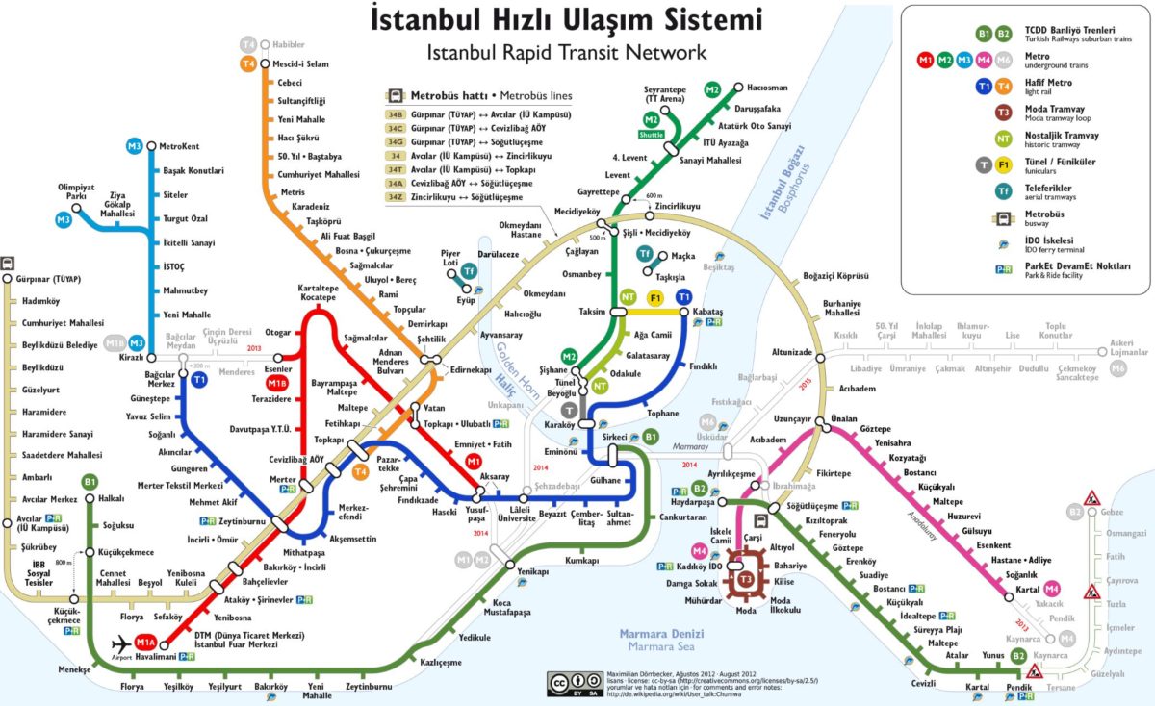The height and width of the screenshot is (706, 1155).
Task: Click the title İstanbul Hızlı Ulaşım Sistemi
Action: click(566, 20)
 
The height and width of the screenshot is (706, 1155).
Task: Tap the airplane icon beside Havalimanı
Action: click(122, 643)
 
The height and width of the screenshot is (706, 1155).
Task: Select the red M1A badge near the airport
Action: click(146, 643)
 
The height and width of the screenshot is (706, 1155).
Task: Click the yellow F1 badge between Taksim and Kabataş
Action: click(655, 297)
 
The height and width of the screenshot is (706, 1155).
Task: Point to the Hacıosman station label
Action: click(759, 88)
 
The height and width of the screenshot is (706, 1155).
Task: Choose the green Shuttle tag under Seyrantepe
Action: click(652, 135)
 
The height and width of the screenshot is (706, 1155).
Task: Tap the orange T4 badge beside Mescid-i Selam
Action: click(248, 64)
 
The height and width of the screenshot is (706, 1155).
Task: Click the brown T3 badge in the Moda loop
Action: click(746, 579)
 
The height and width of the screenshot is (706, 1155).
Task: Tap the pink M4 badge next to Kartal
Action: click(1052, 588)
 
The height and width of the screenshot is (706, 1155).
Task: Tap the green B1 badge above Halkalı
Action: click(90, 482)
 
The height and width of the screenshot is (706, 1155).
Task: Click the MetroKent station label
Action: click(178, 146)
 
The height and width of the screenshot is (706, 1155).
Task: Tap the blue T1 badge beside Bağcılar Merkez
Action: click(200, 381)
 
